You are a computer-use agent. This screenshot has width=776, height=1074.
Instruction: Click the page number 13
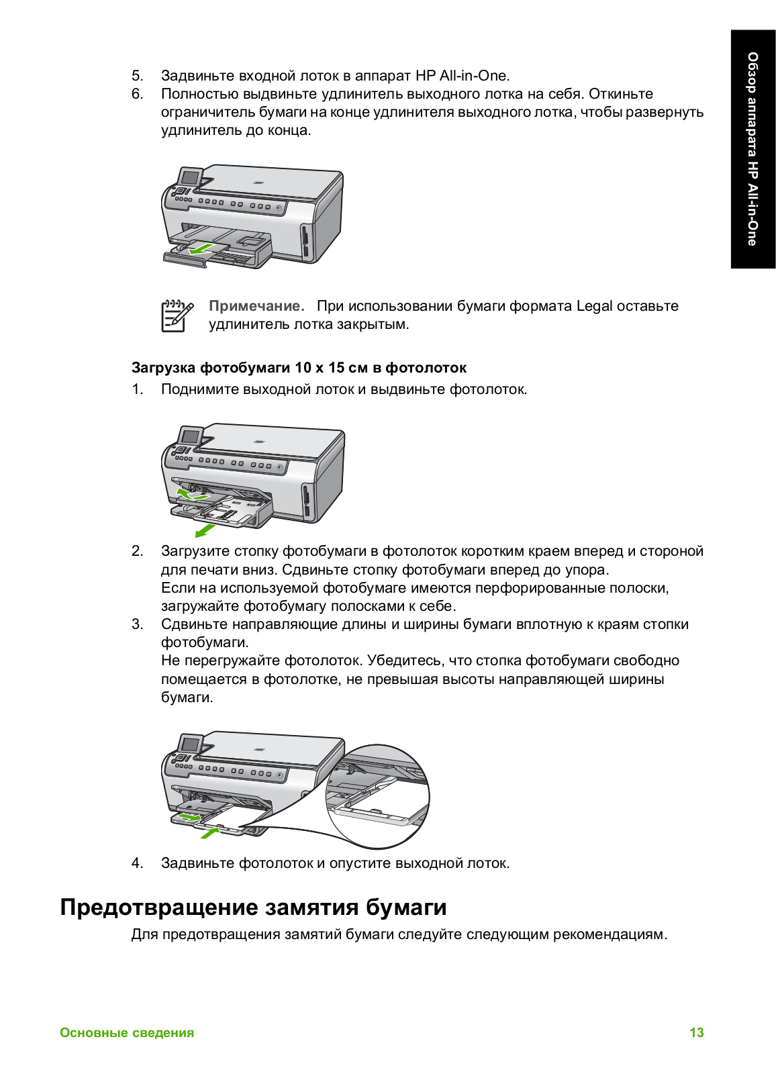pyautogui.click(x=696, y=1032)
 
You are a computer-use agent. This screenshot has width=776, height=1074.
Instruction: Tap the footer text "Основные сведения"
pyautogui.click(x=127, y=1032)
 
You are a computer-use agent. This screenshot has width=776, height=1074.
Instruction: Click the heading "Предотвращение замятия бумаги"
pyautogui.click(x=253, y=907)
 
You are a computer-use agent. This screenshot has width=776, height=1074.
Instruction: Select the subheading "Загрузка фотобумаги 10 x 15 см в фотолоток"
pyautogui.click(x=299, y=367)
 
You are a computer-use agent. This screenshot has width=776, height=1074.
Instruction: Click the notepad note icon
pyautogui.click(x=177, y=315)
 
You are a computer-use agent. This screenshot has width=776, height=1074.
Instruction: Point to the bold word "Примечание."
pyautogui.click(x=256, y=306)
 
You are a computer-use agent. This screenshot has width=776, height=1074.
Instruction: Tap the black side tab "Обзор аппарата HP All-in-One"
pyautogui.click(x=753, y=149)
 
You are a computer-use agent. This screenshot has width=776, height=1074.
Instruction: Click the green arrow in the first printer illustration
pyautogui.click(x=201, y=249)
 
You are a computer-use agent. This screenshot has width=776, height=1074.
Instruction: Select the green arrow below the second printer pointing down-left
pyautogui.click(x=204, y=531)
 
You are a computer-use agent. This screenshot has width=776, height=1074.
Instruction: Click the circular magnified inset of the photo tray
pyautogui.click(x=377, y=795)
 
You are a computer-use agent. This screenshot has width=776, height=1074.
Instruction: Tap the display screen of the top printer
pyautogui.click(x=191, y=178)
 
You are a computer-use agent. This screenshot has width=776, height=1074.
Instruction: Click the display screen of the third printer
pyautogui.click(x=191, y=744)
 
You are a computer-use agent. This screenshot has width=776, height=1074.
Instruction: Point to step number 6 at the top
pyautogui.click(x=137, y=94)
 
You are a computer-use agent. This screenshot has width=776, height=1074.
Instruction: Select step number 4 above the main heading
pyautogui.click(x=137, y=863)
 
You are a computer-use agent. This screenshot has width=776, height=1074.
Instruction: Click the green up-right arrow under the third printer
pyautogui.click(x=210, y=833)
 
